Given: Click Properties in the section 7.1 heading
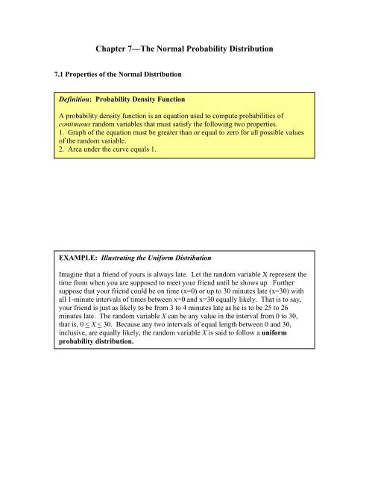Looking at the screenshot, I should [84, 74].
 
